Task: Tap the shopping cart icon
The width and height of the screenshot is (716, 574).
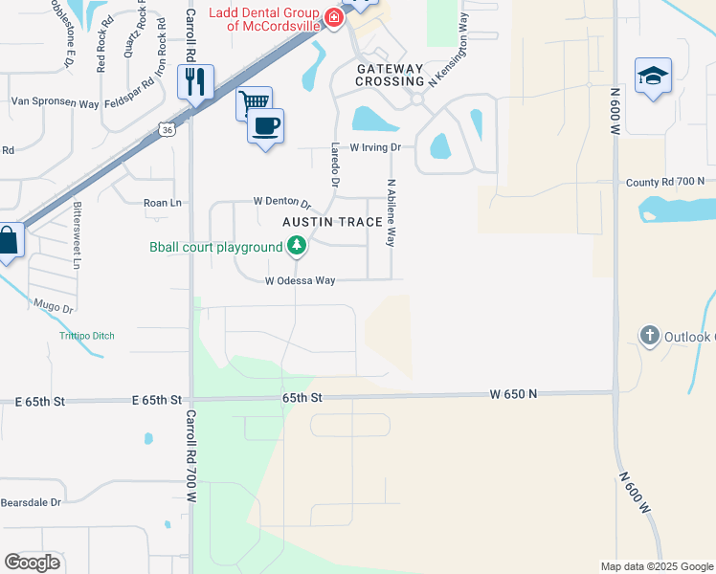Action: tap(254, 102)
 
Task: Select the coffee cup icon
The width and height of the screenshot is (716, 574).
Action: tap(265, 125)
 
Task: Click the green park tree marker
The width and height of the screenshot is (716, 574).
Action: tap(297, 247)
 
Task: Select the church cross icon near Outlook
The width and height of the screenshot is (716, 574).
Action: tap(650, 335)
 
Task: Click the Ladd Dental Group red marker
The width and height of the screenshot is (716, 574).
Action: tap(333, 17)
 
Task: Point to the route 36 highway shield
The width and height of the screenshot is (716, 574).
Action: tap(168, 129)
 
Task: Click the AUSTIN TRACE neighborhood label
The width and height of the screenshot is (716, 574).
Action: tap(332, 222)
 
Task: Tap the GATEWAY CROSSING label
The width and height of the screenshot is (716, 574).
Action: tap(390, 76)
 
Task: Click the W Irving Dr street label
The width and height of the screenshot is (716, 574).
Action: tap(374, 148)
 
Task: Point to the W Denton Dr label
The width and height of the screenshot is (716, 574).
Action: tap(282, 202)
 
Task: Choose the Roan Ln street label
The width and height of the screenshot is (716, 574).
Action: tap(162, 203)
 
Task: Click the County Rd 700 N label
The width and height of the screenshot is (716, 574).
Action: tap(664, 181)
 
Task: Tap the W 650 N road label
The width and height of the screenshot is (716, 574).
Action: tap(512, 393)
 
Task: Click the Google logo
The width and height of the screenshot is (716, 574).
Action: tap(32, 562)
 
